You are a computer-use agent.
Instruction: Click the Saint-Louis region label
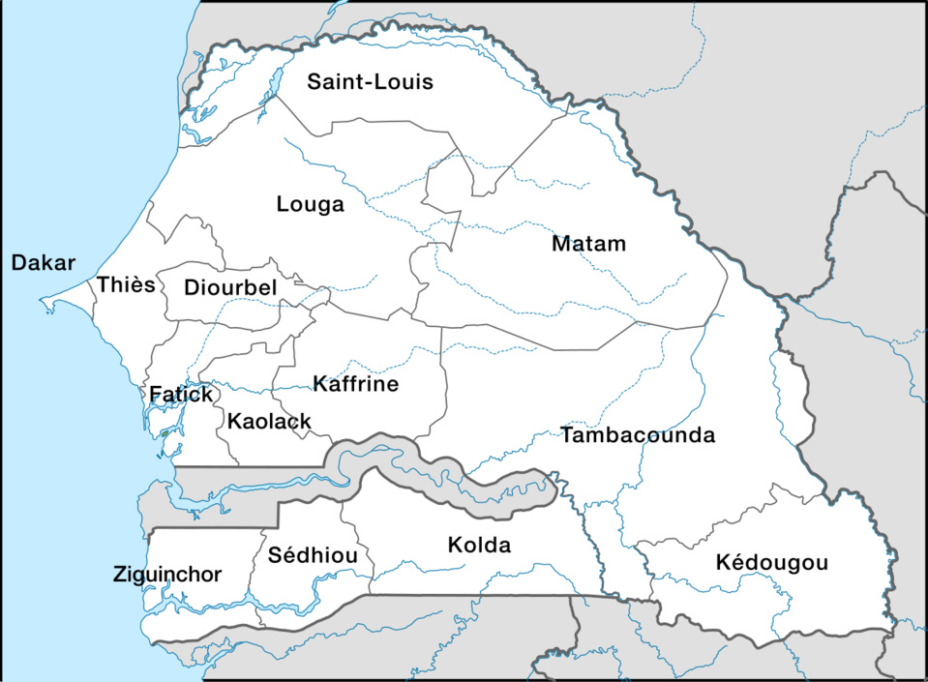click(370, 81)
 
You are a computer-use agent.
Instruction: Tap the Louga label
click(310, 204)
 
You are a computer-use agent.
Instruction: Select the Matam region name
click(588, 244)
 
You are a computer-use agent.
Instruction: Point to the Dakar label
click(43, 262)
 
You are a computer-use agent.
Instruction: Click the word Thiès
click(126, 284)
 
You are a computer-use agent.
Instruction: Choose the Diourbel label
click(230, 287)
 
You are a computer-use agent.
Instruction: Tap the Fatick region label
click(180, 395)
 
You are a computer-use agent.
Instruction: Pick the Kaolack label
click(269, 421)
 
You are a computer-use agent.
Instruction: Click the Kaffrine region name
click(356, 384)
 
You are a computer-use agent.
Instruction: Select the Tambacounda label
click(638, 435)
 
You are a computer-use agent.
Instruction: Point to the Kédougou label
click(772, 563)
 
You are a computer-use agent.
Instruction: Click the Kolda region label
click(479, 546)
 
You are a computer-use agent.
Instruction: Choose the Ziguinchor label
click(167, 575)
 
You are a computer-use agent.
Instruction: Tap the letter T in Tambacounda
click(567, 435)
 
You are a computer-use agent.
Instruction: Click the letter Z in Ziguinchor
click(119, 575)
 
